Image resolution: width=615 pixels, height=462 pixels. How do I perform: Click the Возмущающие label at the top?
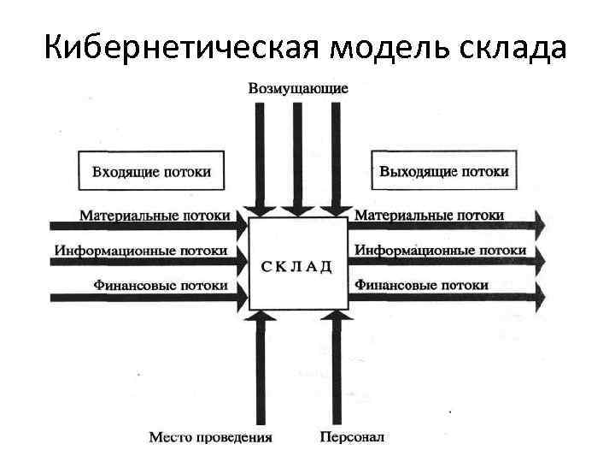pyautogui.click(x=298, y=88)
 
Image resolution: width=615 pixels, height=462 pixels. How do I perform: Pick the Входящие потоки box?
pyautogui.click(x=151, y=171)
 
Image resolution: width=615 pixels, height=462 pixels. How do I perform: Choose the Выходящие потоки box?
pyautogui.click(x=443, y=171)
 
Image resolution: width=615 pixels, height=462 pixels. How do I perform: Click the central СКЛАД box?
pyautogui.click(x=298, y=264)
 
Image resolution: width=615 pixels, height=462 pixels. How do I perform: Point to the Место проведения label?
pyautogui.click(x=211, y=437)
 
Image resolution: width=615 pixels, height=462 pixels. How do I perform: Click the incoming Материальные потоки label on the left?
pyautogui.click(x=155, y=216)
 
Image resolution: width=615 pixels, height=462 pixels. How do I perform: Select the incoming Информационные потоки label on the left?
pyautogui.click(x=142, y=251)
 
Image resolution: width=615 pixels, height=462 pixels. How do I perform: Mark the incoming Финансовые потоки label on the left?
pyautogui.click(x=161, y=285)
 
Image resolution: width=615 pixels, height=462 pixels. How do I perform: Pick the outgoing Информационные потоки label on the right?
pyautogui.click(x=440, y=250)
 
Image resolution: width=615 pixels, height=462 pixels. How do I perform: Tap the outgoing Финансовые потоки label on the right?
pyautogui.click(x=422, y=285)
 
